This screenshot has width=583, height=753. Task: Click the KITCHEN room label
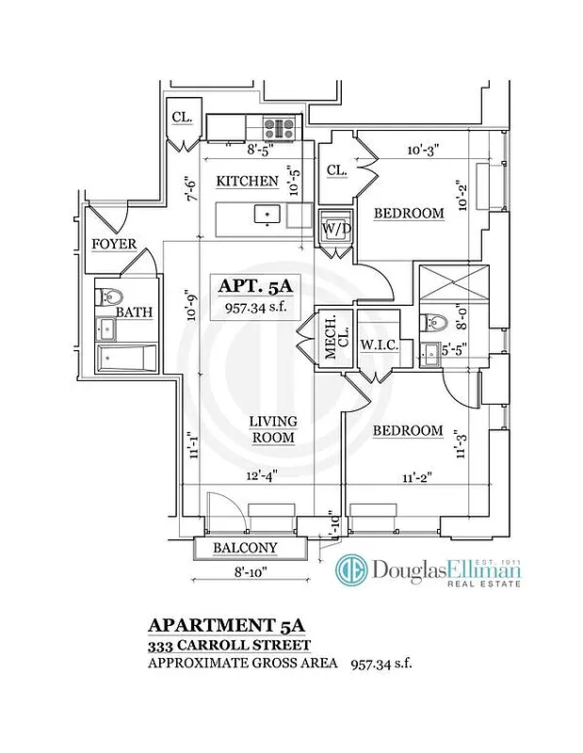tap(248, 181)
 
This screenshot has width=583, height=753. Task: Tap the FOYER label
tap(114, 245)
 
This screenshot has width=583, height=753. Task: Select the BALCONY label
tap(244, 548)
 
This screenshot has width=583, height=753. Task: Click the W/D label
tap(335, 229)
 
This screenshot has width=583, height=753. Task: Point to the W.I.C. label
tap(380, 346)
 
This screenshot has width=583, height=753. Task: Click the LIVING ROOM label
tap(273, 429)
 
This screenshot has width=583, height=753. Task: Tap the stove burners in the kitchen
tap(280, 126)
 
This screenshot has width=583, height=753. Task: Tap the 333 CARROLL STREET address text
tap(229, 646)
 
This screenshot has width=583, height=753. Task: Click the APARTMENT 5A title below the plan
tap(228, 626)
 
